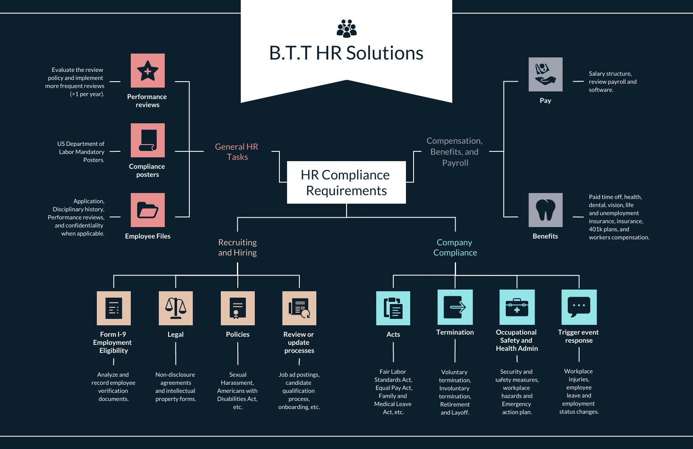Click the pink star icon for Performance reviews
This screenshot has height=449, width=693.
pyautogui.click(x=147, y=71)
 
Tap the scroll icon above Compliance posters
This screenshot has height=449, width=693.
pyautogui.click(x=147, y=140)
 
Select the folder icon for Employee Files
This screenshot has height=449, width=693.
pyautogui.click(x=147, y=210)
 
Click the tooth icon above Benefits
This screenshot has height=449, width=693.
pyautogui.click(x=545, y=210)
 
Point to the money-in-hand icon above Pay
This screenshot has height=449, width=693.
pyautogui.click(x=545, y=74)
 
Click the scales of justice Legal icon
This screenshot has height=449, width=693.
pyautogui.click(x=175, y=308)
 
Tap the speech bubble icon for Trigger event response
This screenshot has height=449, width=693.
pyautogui.click(x=579, y=307)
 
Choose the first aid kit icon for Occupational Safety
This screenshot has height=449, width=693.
pyautogui.click(x=517, y=307)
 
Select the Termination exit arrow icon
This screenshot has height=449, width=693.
pyautogui.click(x=455, y=307)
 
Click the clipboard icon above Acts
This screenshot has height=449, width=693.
pyautogui.click(x=393, y=308)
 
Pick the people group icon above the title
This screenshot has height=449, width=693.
pyautogui.click(x=346, y=28)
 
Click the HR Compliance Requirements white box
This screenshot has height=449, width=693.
pyautogui.click(x=346, y=182)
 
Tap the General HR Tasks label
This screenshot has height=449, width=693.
pyautogui.click(x=237, y=152)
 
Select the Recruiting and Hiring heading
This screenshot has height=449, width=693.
pyautogui.click(x=237, y=247)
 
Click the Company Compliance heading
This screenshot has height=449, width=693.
pyautogui.click(x=455, y=247)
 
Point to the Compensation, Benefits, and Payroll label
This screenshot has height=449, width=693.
pyautogui.click(x=454, y=152)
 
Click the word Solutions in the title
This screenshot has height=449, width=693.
pyautogui.click(x=384, y=53)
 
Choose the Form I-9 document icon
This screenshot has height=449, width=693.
pyautogui.click(x=113, y=308)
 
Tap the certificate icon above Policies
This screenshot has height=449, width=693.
pyautogui.click(x=237, y=308)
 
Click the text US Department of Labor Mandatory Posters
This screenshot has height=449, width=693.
pyautogui.click(x=82, y=152)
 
